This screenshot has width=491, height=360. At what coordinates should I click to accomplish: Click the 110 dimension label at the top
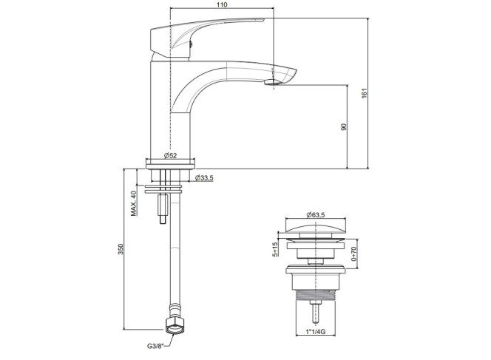[x=222, y=4]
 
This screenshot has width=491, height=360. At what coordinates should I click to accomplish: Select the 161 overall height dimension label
[x=364, y=93]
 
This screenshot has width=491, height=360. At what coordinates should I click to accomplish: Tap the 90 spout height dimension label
[x=344, y=127]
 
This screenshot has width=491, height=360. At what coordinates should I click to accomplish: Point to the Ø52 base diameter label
[x=170, y=155]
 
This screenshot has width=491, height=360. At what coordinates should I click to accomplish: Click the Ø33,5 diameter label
[x=204, y=178]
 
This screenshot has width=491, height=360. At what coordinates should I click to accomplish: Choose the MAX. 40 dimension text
[x=134, y=203]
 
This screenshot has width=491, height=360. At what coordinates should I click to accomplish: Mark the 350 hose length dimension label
[x=121, y=249]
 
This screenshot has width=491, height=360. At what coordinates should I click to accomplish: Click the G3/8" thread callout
[x=155, y=346]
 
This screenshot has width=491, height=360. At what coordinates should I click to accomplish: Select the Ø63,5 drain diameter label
[x=316, y=215]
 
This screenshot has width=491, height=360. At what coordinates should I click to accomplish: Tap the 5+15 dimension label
[x=275, y=250]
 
